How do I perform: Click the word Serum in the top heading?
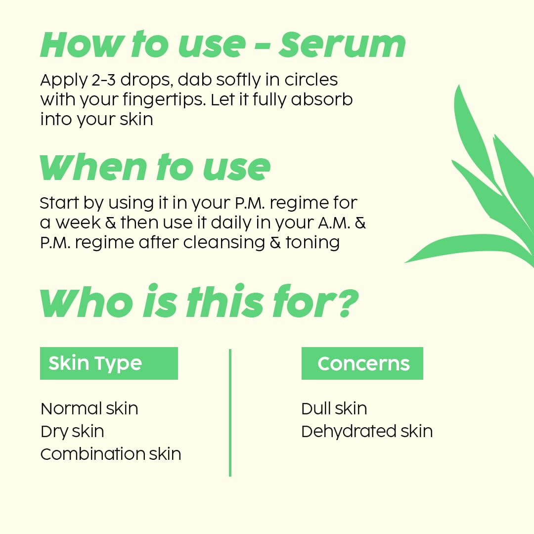pyautogui.click(x=342, y=44)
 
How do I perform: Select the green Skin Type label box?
pyautogui.click(x=109, y=363)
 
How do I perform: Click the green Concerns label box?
pyautogui.click(x=362, y=363)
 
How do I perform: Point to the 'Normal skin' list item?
pyautogui.click(x=89, y=408)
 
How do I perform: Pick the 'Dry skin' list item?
pyautogui.click(x=72, y=432)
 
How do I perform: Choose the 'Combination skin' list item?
pyautogui.click(x=111, y=454)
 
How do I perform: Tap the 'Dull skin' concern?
pyautogui.click(x=334, y=408)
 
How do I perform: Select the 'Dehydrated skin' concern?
pyautogui.click(x=367, y=431)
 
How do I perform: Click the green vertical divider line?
pyautogui.click(x=230, y=412)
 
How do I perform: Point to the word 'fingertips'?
pyautogui.click(x=164, y=100)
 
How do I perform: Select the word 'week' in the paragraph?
pyautogui.click(x=78, y=222)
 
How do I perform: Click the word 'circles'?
pyautogui.click(x=311, y=80)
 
